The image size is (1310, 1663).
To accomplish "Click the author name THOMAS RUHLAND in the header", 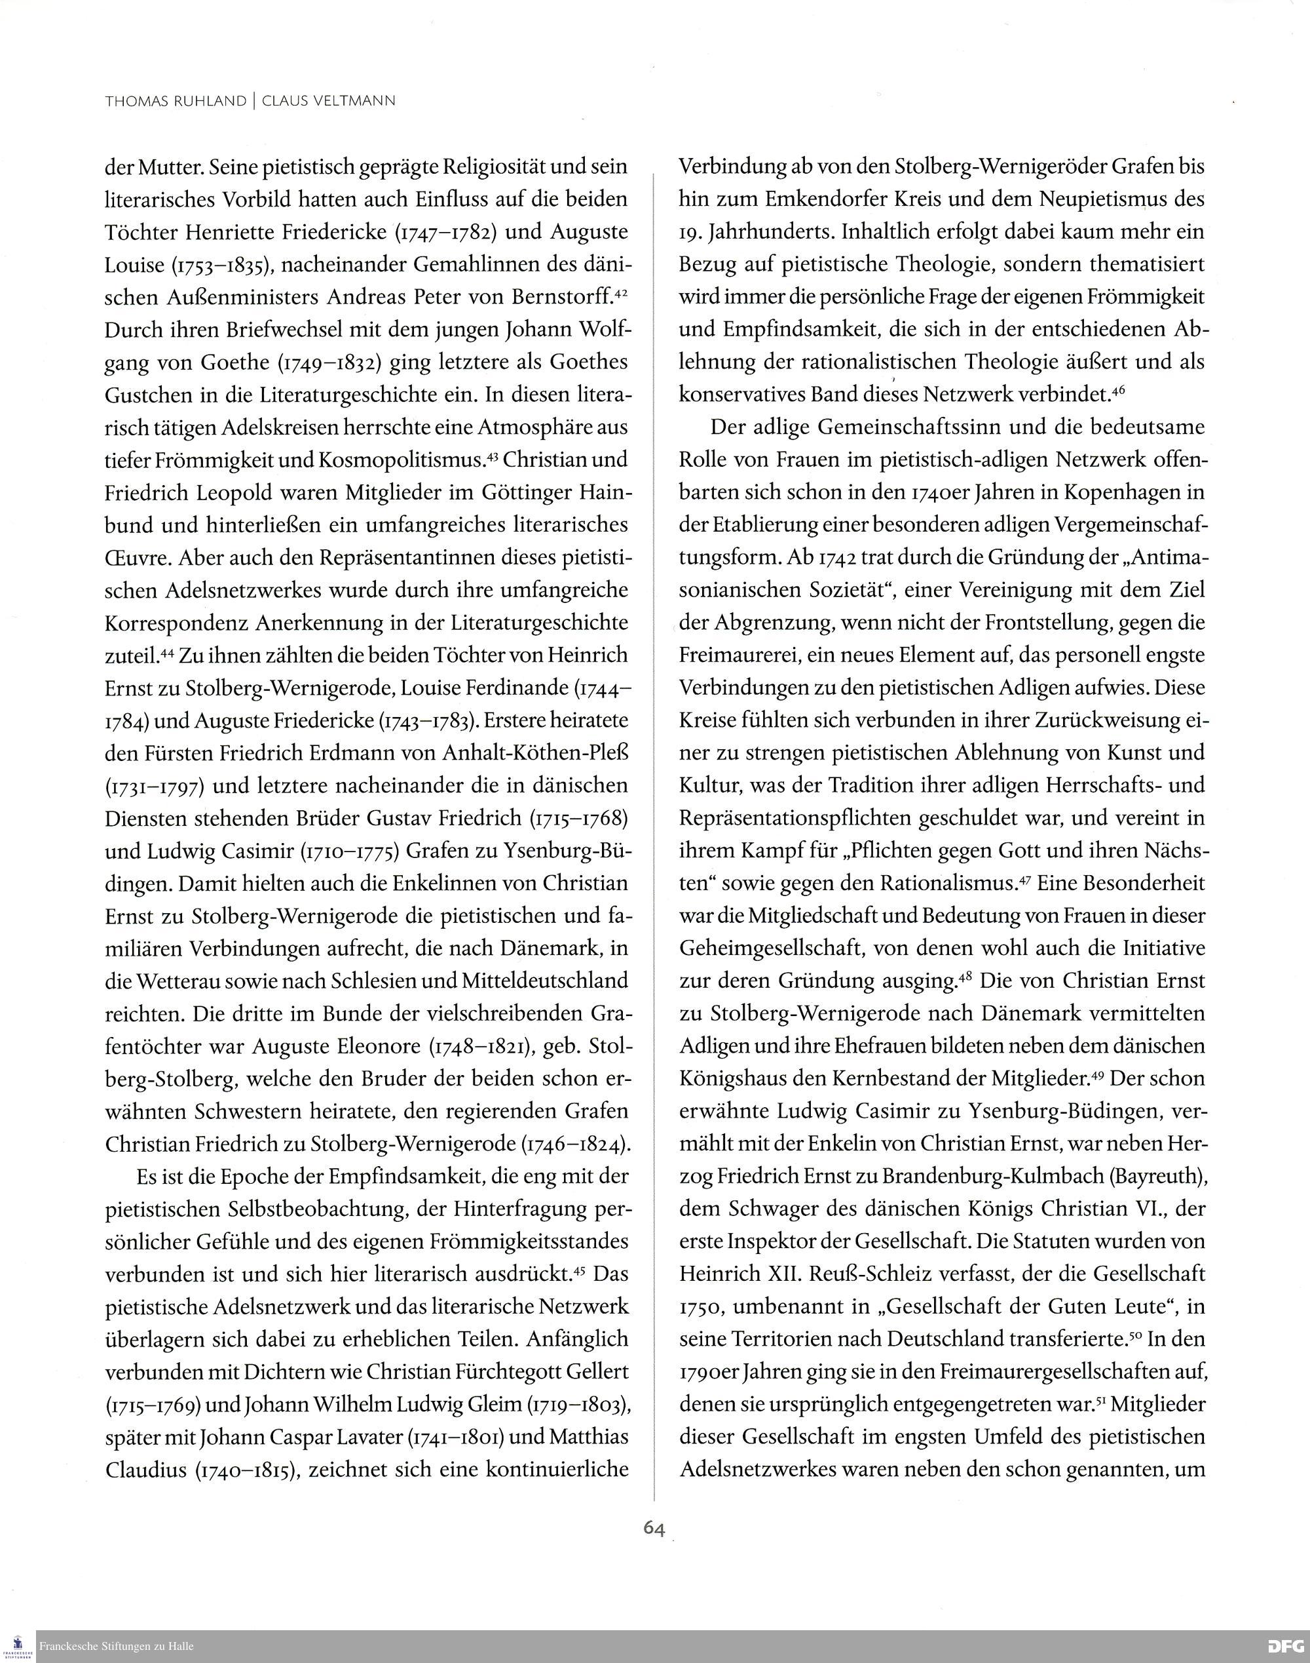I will pyautogui.click(x=176, y=100).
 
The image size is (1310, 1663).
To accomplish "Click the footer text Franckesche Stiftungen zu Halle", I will pyautogui.click(x=117, y=1646).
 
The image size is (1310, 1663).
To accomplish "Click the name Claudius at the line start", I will pyautogui.click(x=145, y=1470).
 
